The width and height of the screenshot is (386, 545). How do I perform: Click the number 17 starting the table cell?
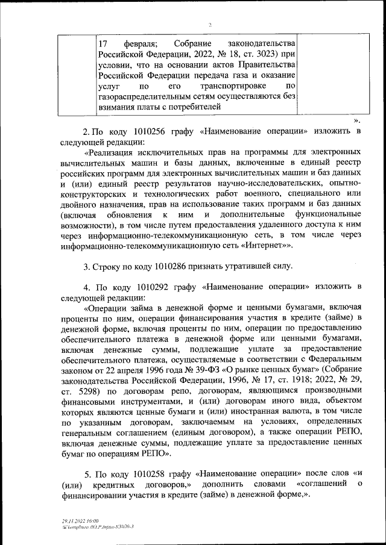point(103,44)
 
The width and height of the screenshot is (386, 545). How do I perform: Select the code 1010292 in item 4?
point(143,286)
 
